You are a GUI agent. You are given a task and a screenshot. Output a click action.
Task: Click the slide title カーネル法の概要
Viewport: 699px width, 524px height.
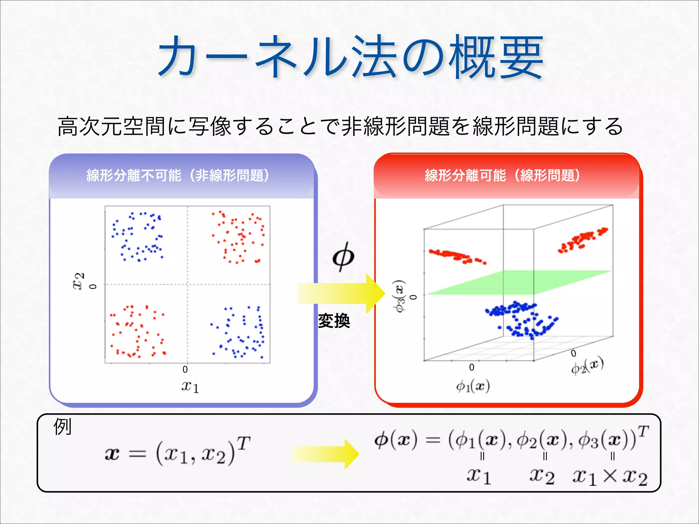(x=350, y=57)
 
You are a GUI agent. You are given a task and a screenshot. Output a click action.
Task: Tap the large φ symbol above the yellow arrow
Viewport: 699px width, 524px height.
(x=343, y=257)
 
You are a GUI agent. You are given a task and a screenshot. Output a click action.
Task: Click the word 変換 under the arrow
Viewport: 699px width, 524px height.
(x=334, y=321)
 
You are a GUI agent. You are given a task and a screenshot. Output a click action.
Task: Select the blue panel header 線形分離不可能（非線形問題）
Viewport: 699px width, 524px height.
(x=178, y=175)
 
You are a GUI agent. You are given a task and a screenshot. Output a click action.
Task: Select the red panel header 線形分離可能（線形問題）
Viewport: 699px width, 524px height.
(x=502, y=175)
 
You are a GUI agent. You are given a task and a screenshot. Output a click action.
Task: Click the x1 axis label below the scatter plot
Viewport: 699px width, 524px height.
(x=190, y=387)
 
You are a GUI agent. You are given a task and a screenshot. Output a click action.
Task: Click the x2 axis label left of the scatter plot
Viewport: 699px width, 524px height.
(x=78, y=281)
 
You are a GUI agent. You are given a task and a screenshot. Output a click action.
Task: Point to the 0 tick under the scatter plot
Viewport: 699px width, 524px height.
(x=185, y=369)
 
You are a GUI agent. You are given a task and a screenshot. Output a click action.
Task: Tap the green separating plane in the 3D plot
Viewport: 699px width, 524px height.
(x=519, y=282)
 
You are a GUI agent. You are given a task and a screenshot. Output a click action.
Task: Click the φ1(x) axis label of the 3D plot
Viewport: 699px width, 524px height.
(x=473, y=386)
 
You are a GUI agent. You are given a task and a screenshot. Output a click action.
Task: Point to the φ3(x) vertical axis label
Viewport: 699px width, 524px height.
(x=399, y=296)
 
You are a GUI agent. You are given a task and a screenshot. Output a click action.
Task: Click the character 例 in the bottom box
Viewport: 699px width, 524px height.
(x=62, y=427)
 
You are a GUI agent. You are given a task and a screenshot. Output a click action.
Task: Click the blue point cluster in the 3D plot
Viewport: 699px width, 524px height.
(x=520, y=319)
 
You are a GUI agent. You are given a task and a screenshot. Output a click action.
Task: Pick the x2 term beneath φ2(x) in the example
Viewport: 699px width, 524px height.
(x=542, y=476)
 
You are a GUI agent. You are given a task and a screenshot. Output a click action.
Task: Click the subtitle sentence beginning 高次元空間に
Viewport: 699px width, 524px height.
(x=340, y=126)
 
